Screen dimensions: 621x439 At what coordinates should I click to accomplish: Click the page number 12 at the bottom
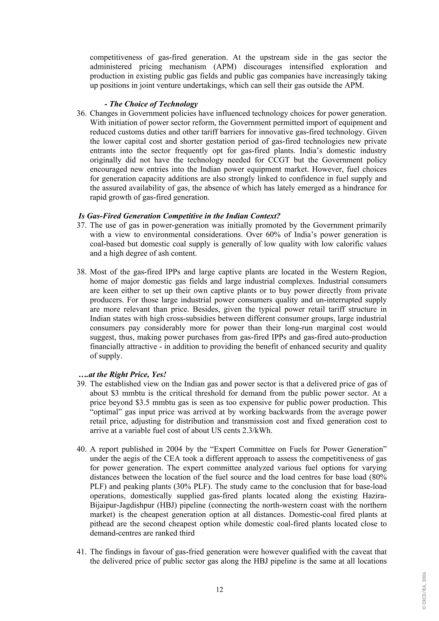[x=219, y=589]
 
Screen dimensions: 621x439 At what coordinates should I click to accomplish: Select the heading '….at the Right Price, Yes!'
[x=122, y=375]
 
